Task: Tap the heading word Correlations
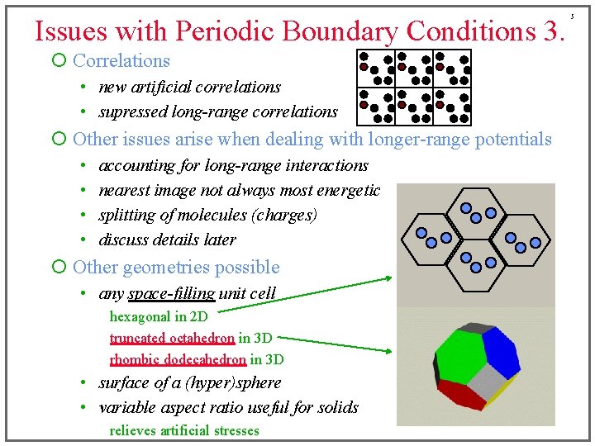pyautogui.click(x=121, y=60)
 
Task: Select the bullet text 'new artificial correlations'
pyautogui.click(x=189, y=87)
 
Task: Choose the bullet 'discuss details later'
pyautogui.click(x=167, y=240)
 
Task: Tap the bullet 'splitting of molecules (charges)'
pyautogui.click(x=207, y=215)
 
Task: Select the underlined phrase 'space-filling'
pyautogui.click(x=171, y=293)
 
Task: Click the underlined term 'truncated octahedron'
pyautogui.click(x=172, y=338)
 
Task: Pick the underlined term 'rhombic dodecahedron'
pyautogui.click(x=178, y=359)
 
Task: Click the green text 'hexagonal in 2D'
pyautogui.click(x=159, y=316)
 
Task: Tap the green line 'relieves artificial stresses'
pyautogui.click(x=184, y=430)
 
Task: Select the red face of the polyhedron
pyautogui.click(x=460, y=395)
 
